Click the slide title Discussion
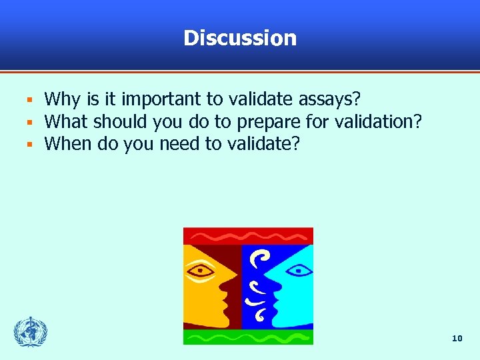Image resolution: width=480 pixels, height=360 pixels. (240, 38)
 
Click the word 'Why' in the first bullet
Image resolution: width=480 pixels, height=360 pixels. (62, 100)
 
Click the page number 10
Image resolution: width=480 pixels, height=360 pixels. (457, 339)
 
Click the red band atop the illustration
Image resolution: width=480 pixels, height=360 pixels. (248, 235)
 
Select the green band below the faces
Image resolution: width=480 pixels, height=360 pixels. (248, 337)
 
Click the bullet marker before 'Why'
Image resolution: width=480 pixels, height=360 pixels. (30, 101)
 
